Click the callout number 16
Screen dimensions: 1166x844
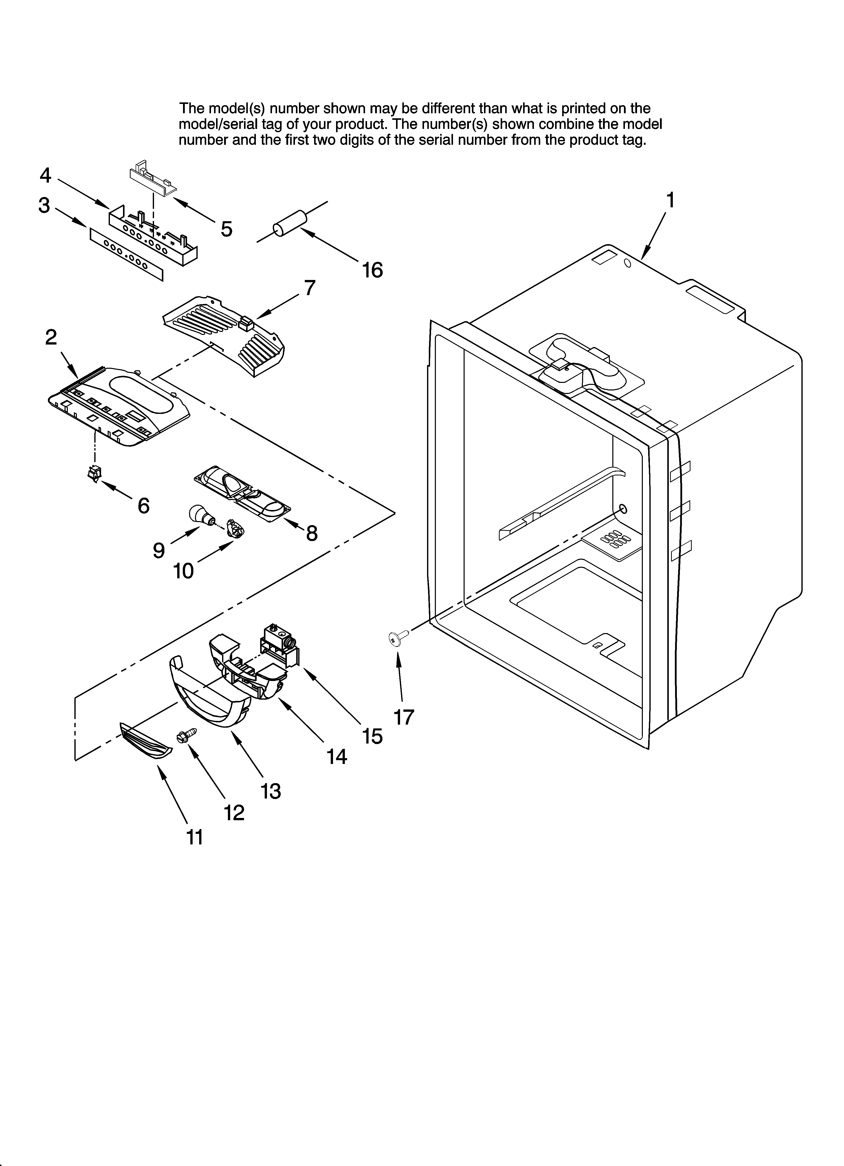point(372,270)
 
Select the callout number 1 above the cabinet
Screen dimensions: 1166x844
point(670,200)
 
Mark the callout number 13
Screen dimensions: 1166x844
point(270,791)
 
